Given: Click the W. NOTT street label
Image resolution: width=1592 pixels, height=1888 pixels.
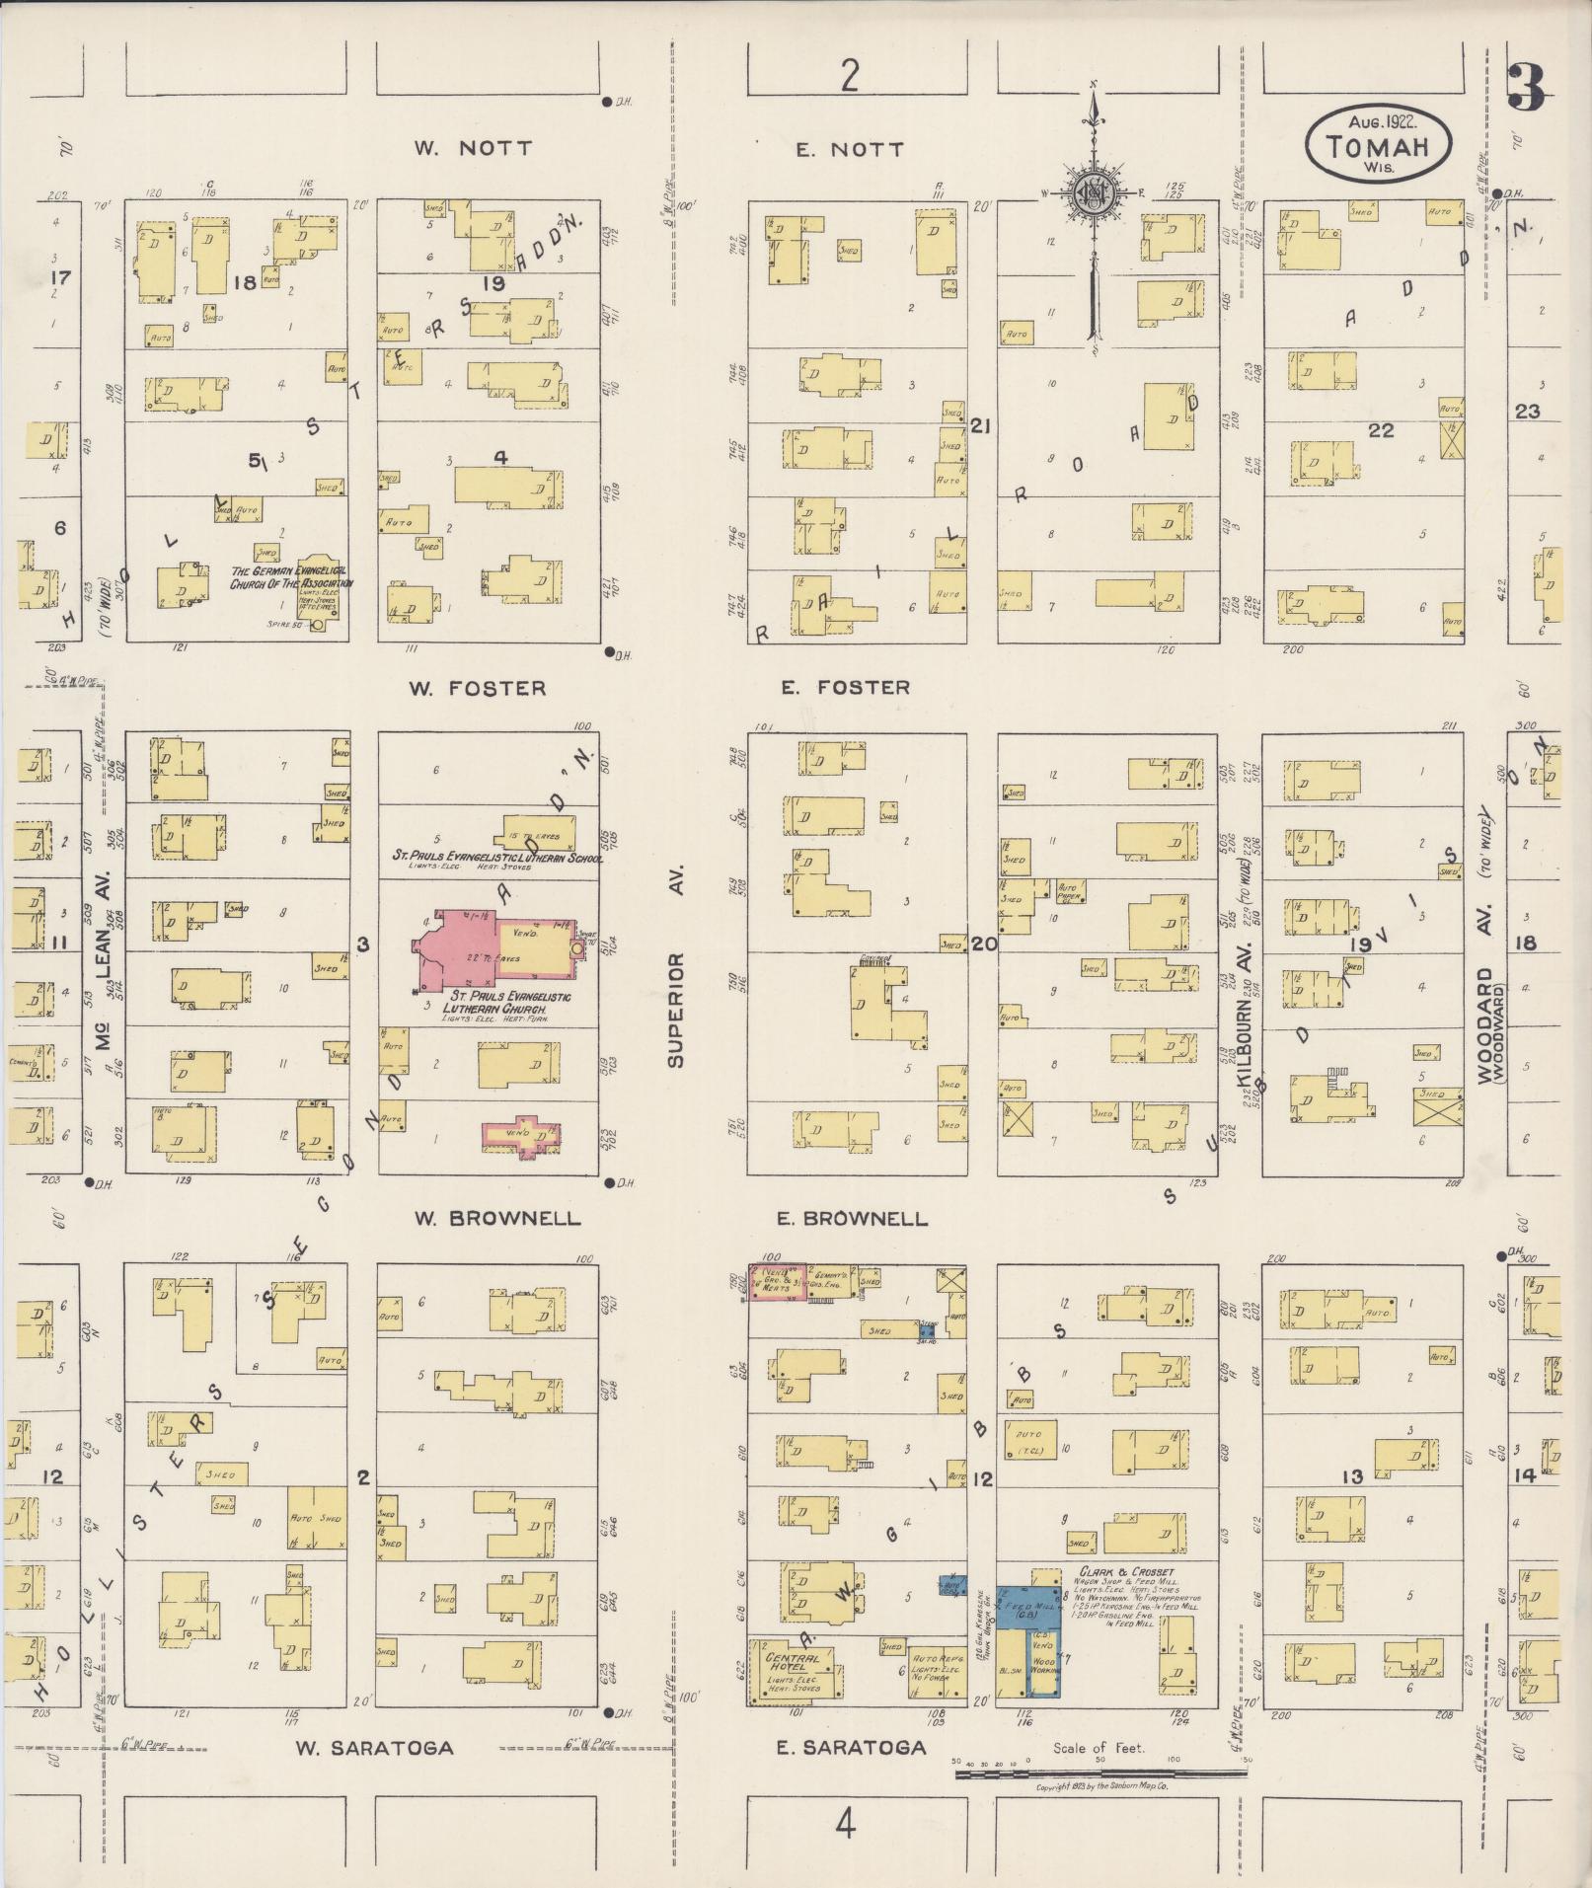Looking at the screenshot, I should coord(473,149).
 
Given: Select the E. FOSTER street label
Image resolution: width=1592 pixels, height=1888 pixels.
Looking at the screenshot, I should coord(846,687).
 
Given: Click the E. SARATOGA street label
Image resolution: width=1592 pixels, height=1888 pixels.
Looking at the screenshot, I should coord(851,1748).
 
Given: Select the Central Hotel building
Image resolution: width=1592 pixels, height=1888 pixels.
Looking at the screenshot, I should coord(796,1668).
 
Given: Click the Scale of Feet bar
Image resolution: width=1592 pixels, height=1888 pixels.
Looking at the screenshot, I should coord(1100,1773).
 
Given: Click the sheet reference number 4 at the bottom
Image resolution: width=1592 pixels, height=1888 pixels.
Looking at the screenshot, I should coord(845,1827).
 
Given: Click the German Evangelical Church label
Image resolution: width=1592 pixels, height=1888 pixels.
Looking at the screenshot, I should coord(287,577).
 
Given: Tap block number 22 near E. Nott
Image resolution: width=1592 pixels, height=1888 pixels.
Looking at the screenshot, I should coord(1380,430).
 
